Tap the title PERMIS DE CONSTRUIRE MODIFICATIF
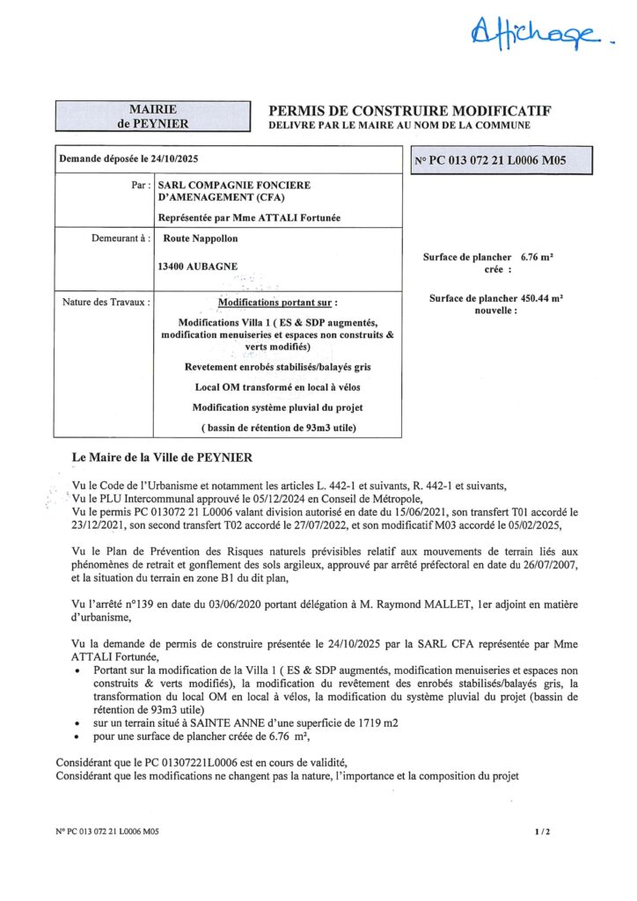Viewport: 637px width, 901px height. click(409, 111)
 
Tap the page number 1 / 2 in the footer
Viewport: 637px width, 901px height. click(542, 831)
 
